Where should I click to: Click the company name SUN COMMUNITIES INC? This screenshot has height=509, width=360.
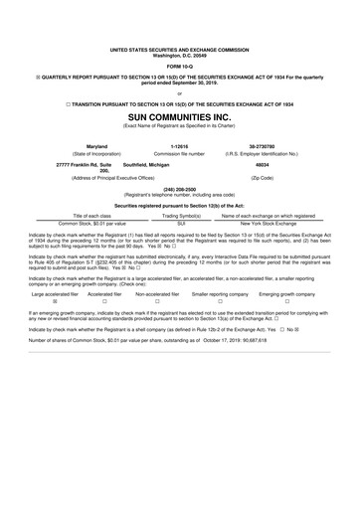pyautogui.click(x=179, y=115)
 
